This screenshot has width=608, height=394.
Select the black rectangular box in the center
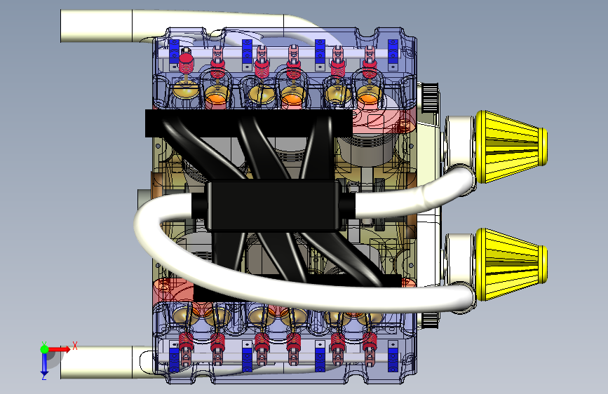[x=273, y=205]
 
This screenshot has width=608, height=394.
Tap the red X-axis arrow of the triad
[x=59, y=349]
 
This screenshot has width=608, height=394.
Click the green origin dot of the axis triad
[x=44, y=349]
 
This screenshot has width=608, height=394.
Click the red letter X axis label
[x=75, y=345]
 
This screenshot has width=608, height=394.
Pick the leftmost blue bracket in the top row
[x=174, y=53]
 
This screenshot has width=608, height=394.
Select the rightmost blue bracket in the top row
[x=393, y=54]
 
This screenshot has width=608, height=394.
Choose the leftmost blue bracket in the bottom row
[x=174, y=357]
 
